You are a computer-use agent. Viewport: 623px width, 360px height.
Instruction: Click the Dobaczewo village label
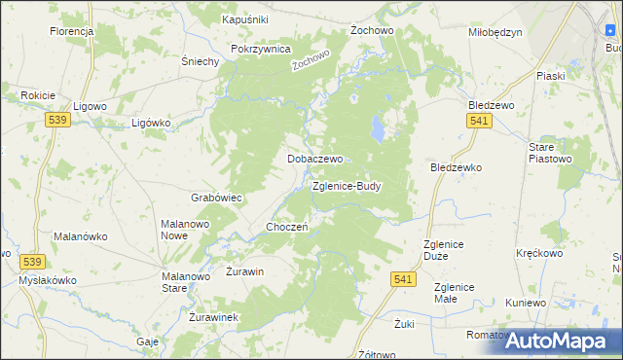coord(313,158)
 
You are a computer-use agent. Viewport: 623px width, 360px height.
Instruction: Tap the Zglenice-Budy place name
coord(347,186)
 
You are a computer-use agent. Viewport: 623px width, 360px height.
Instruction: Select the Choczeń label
coord(287,227)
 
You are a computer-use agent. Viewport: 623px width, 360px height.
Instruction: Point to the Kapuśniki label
coord(244,19)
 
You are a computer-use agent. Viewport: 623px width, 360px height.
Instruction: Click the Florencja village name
coord(71,31)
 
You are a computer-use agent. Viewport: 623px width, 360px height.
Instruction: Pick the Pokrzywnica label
coord(261,49)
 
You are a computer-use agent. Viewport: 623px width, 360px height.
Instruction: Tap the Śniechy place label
coord(200,60)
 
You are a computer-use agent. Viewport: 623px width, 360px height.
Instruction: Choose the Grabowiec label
coord(216,198)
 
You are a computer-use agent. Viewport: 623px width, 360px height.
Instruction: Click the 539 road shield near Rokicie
coord(56,119)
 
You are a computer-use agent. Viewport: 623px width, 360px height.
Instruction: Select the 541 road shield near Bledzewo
coord(478,120)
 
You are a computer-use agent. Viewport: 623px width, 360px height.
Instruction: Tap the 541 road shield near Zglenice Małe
coord(406,279)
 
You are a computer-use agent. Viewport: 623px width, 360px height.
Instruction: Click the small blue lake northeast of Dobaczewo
coord(377,127)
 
